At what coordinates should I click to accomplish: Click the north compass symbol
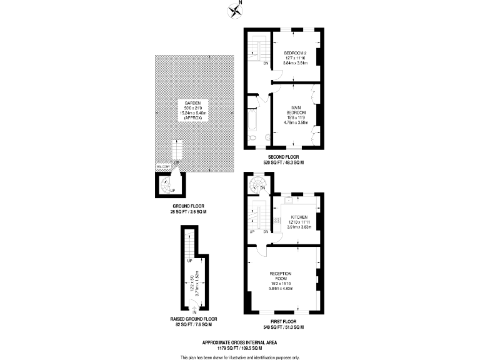(x=236, y=9)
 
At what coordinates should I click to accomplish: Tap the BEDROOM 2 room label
(x=294, y=52)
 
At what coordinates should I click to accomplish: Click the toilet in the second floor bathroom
(x=252, y=138)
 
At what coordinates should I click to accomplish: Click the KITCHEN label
(x=299, y=217)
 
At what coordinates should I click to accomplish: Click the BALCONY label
(x=163, y=167)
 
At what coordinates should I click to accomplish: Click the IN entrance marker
(x=195, y=311)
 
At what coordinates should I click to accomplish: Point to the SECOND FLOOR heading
(x=284, y=156)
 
